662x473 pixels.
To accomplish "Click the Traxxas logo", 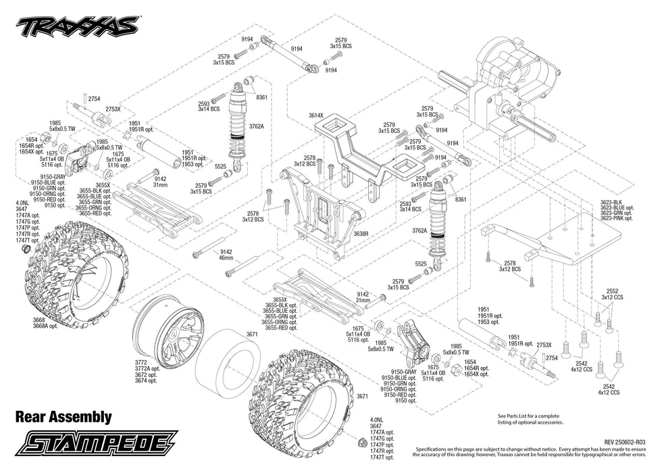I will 76,27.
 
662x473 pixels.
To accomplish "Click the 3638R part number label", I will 361,233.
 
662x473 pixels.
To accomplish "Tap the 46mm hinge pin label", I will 226,258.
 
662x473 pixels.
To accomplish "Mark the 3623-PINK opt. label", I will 615,218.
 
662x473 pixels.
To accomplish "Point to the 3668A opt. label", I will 46,326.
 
